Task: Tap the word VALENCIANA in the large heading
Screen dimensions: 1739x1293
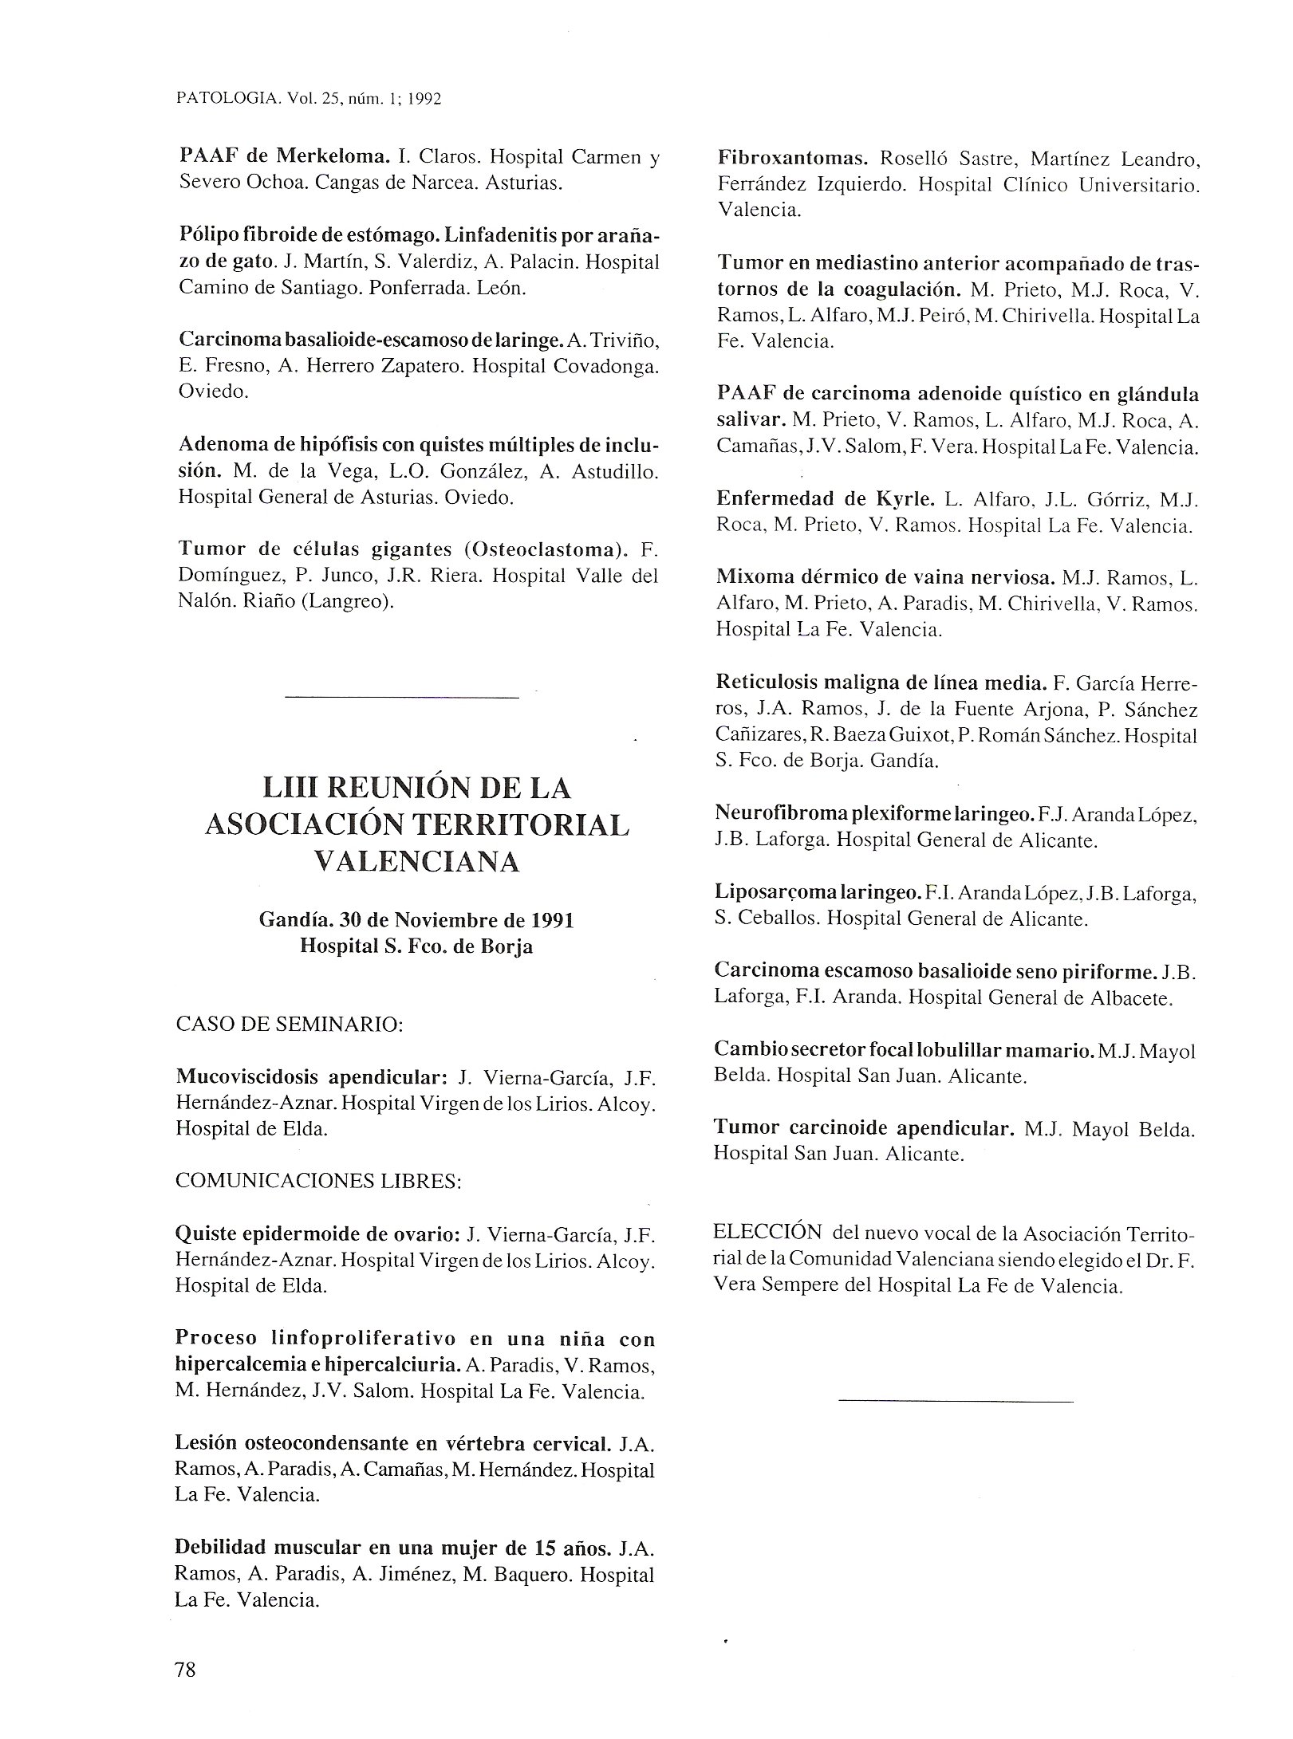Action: (x=417, y=861)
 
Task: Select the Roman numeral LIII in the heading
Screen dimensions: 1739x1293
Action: (x=293, y=789)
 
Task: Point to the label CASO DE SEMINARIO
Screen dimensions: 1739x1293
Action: (x=289, y=1024)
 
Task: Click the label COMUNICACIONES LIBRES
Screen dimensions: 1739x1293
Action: (x=318, y=1181)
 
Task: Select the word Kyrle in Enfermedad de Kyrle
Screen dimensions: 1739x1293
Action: (x=904, y=499)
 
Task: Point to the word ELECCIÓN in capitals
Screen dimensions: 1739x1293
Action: (x=767, y=1232)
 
